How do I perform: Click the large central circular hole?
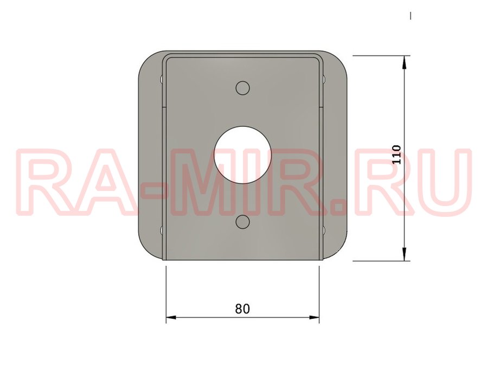[x=243, y=155]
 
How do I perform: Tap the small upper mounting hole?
[x=243, y=88]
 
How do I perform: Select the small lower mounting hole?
[x=243, y=222]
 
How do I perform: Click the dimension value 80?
[x=242, y=309]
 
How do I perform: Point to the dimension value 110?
[x=396, y=155]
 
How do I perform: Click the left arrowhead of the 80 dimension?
[x=171, y=317]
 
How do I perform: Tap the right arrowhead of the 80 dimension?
[x=314, y=317]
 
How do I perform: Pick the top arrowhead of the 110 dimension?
[x=404, y=62]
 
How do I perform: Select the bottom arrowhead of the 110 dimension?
[x=404, y=254]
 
